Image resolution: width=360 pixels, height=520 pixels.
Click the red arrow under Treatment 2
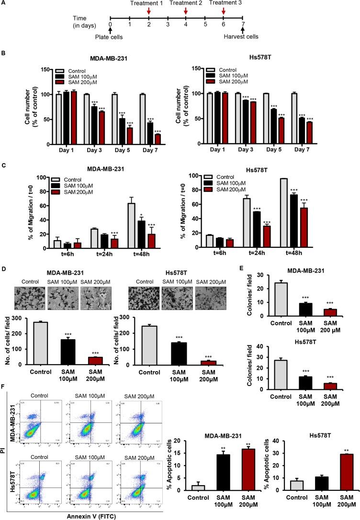click(x=186, y=11)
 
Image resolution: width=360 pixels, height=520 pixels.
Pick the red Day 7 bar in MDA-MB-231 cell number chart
click(x=157, y=139)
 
